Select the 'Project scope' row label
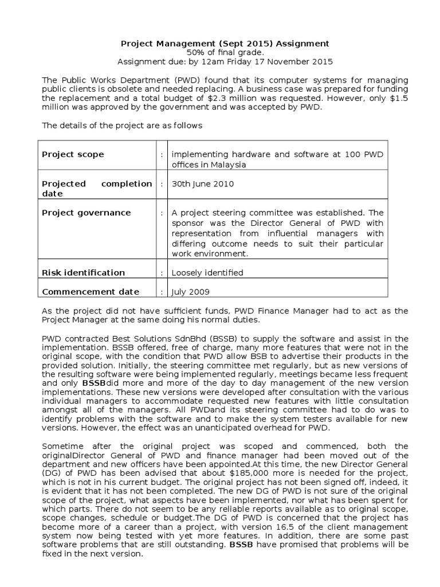click(73, 155)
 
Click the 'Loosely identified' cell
click(206, 272)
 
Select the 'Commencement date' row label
click(91, 291)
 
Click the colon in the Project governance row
click(163, 213)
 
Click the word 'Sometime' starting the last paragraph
click(62, 446)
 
